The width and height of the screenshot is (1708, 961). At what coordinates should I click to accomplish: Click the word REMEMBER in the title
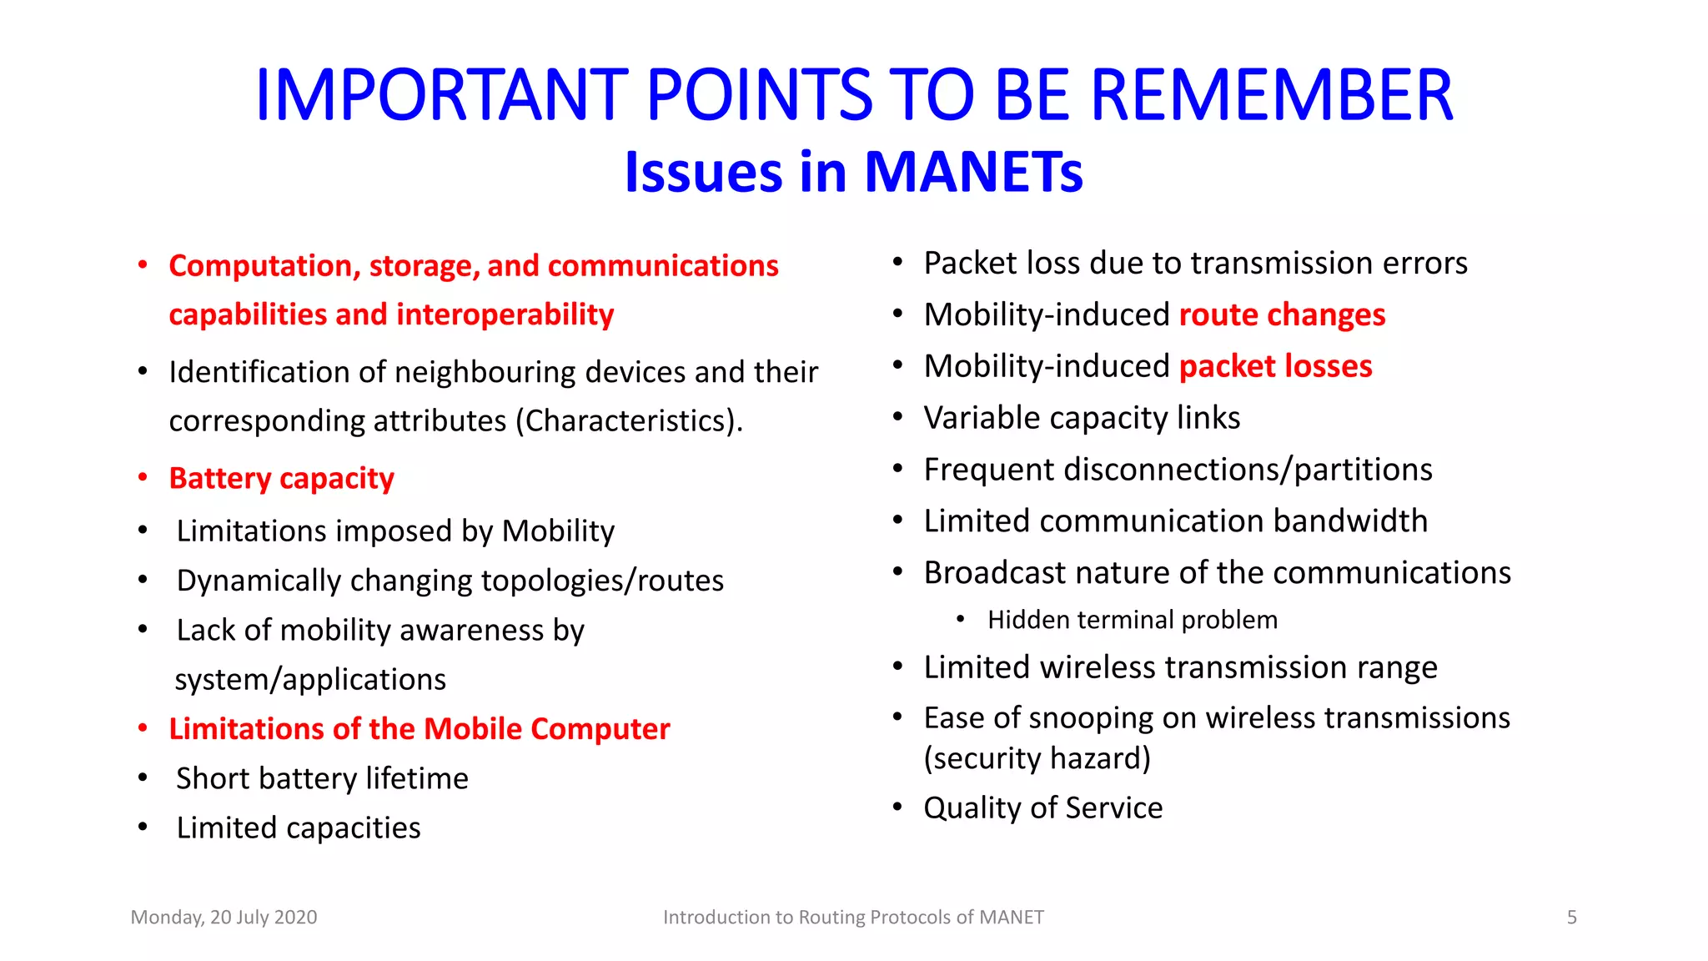click(1272, 95)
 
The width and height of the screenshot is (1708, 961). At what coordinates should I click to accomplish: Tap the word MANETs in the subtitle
click(973, 173)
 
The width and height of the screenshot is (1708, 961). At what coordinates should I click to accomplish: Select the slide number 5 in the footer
click(1571, 918)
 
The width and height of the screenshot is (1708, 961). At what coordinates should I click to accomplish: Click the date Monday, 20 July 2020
click(224, 918)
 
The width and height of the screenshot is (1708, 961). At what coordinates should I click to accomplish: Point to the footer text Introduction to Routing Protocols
click(852, 918)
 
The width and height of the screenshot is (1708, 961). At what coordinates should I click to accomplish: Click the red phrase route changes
click(1282, 315)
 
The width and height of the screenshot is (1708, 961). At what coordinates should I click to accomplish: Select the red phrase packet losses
click(1275, 367)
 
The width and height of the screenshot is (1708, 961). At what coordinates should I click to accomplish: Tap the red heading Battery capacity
click(281, 479)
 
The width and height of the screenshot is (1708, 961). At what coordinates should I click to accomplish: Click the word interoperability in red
click(505, 315)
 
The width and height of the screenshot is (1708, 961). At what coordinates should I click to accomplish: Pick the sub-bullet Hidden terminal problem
click(1132, 620)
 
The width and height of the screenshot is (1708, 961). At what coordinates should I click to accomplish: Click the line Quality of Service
click(1042, 808)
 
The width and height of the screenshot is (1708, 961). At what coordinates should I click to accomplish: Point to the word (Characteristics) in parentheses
click(629, 421)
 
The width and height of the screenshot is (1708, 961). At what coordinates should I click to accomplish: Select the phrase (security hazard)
click(1037, 758)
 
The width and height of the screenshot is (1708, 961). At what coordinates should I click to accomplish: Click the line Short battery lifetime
click(322, 778)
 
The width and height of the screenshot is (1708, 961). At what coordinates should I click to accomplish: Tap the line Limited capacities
click(299, 828)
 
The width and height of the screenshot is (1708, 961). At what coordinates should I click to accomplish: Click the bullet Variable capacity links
click(1082, 418)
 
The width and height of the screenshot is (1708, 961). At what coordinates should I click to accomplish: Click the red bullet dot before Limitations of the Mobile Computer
click(143, 728)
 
